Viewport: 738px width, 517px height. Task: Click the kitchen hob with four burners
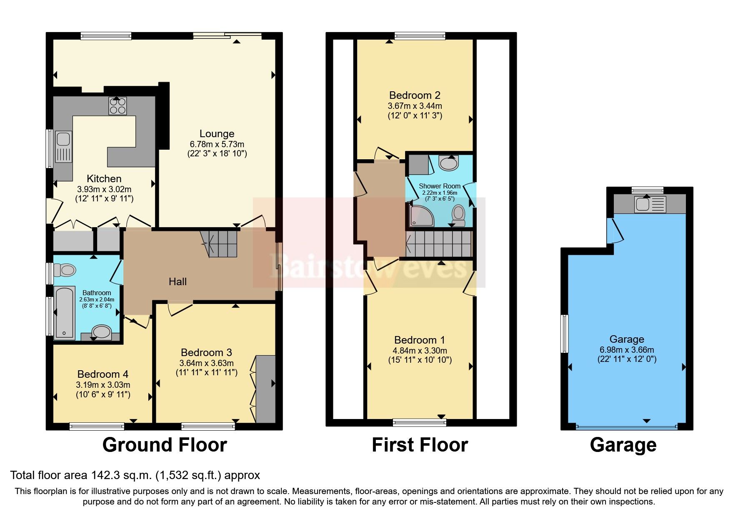(x=118, y=105)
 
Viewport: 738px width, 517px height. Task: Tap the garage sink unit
(x=650, y=204)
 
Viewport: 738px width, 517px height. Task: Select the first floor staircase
(x=439, y=244)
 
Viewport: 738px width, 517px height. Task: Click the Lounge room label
(x=217, y=134)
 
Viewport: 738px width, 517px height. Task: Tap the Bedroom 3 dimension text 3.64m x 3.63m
(x=206, y=363)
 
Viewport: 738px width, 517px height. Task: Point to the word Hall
(x=178, y=282)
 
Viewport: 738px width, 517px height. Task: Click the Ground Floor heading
(x=165, y=445)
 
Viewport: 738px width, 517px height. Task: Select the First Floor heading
(x=420, y=445)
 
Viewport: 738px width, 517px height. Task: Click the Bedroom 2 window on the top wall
(x=420, y=36)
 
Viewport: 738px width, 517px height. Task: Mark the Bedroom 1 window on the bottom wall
(x=419, y=423)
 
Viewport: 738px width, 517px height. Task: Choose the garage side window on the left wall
(x=565, y=334)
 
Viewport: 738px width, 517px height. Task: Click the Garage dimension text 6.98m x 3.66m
(x=627, y=350)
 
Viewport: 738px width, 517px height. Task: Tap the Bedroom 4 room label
(x=103, y=374)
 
